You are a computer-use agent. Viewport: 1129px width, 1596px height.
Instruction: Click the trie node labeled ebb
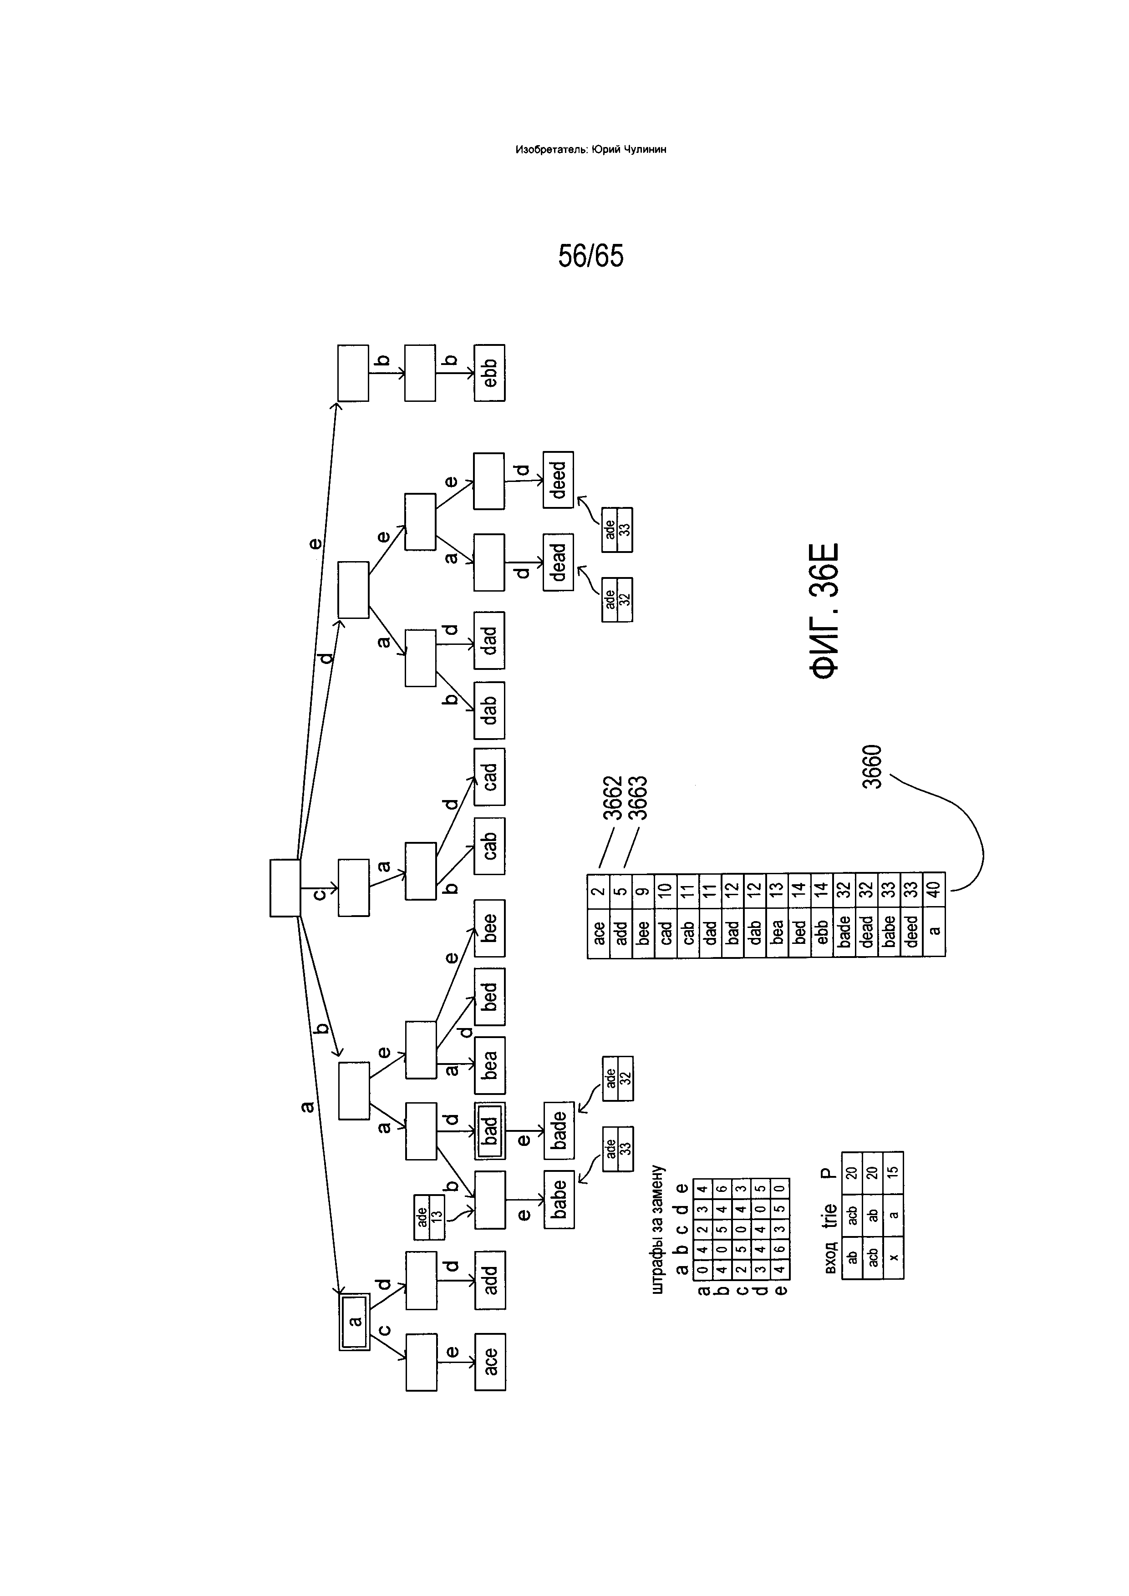click(x=489, y=373)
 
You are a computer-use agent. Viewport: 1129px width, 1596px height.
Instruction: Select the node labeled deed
click(x=558, y=480)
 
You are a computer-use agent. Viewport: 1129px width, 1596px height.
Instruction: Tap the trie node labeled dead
click(x=558, y=562)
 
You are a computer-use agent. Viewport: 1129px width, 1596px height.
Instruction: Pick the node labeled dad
click(x=489, y=640)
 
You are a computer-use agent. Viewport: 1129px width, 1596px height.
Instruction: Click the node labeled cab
click(x=489, y=846)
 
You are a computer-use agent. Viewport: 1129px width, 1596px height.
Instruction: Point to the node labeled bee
click(x=489, y=928)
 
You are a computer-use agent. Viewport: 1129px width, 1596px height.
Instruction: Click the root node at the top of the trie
click(x=285, y=888)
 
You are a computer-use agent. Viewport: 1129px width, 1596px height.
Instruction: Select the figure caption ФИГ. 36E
click(x=825, y=611)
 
